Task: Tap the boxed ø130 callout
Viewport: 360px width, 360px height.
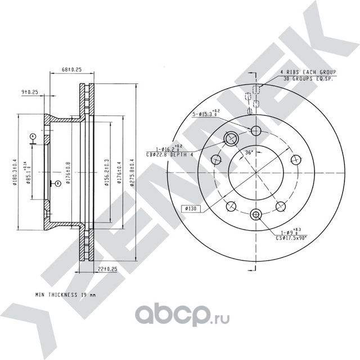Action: (x=191, y=209)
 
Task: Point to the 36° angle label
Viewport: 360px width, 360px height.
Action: (x=249, y=152)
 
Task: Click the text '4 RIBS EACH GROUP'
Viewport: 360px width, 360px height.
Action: (x=308, y=73)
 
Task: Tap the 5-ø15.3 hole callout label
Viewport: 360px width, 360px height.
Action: (x=205, y=115)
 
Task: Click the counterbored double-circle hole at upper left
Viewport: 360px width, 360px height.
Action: (x=231, y=139)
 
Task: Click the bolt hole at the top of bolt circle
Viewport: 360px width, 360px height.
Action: (x=256, y=131)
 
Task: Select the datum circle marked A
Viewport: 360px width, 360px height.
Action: (x=33, y=136)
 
